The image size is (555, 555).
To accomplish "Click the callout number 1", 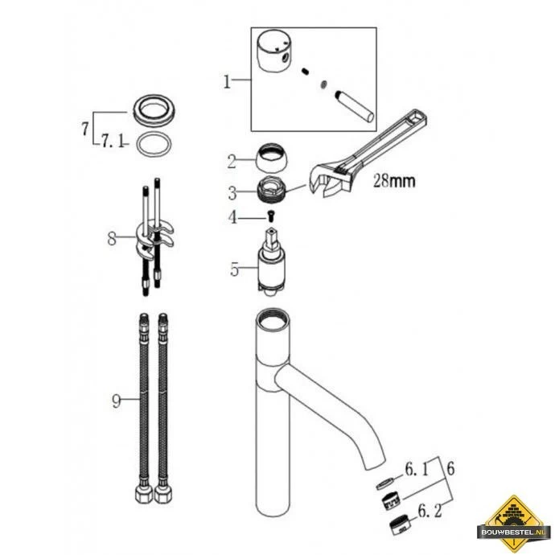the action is [227, 82].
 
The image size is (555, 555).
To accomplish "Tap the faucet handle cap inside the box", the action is [274, 50].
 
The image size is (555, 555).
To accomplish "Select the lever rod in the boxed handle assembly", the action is [354, 107].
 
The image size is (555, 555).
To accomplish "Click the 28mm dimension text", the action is [394, 181].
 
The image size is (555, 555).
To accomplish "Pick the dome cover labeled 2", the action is [272, 158].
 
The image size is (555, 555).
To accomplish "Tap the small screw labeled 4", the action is [272, 216].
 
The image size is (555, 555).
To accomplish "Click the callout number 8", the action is [112, 238].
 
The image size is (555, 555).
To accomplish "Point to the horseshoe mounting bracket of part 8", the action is [154, 238].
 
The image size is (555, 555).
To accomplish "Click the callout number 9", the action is [116, 401].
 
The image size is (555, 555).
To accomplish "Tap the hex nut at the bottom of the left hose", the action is [144, 495].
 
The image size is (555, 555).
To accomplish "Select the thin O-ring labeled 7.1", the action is [154, 144].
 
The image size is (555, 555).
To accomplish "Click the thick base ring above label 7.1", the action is [154, 110].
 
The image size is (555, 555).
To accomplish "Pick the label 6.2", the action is [430, 511].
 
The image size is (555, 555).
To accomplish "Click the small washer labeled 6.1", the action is [384, 483].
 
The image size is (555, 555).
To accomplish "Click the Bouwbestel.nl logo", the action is [514, 522].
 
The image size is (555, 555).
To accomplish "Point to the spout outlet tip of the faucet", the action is [375, 465].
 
